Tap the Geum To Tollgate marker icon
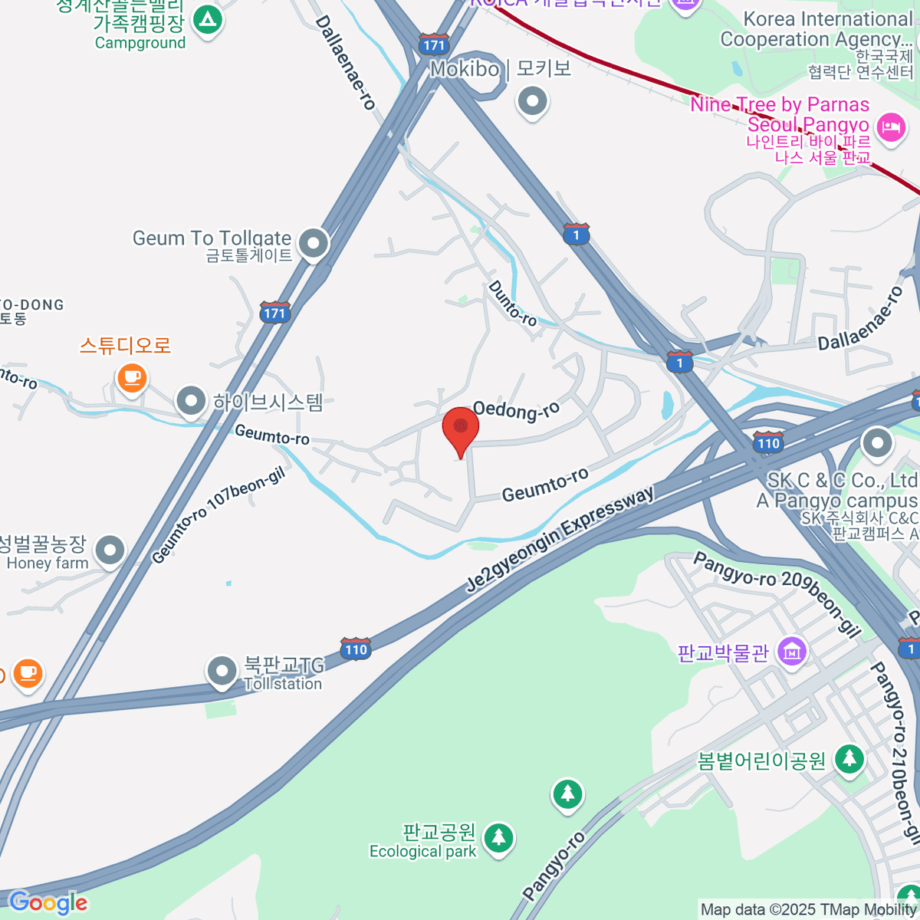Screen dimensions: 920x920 pos(313,245)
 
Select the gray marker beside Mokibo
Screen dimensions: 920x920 pos(531,101)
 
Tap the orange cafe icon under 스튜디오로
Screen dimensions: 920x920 pos(132,377)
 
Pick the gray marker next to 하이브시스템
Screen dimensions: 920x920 pos(190,400)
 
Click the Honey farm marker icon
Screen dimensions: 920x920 pos(111,550)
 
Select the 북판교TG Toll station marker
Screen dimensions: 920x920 pos(222,671)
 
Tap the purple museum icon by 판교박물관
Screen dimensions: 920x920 pos(792,652)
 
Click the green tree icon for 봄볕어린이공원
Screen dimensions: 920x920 pos(849,759)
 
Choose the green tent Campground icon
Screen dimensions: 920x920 pos(207,19)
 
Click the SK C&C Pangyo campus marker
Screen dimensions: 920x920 pos(877,442)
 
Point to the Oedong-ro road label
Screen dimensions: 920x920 pos(517,410)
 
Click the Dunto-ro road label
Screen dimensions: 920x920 pos(512,303)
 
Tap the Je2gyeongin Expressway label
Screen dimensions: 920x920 pos(560,539)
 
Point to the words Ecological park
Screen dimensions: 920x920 pos(422,852)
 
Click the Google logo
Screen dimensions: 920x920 pos(48,903)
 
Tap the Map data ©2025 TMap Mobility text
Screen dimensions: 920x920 pos(808,910)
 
